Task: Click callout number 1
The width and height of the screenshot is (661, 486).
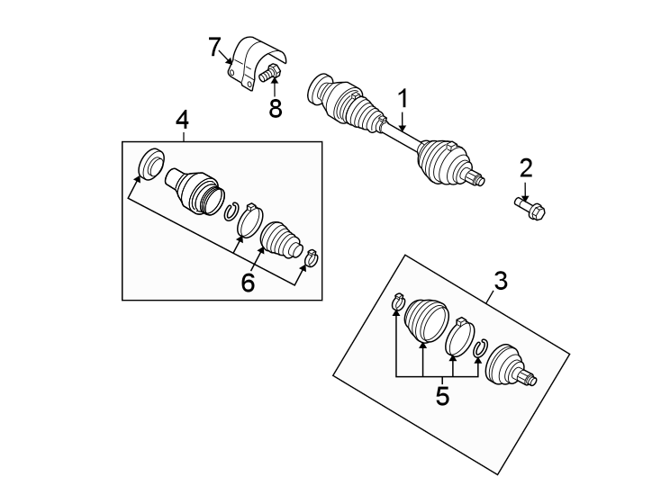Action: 403,98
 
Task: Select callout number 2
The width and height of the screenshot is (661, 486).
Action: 525,167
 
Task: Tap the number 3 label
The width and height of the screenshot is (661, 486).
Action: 500,281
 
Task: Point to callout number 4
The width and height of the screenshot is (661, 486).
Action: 182,120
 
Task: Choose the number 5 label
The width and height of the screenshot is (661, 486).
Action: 441,395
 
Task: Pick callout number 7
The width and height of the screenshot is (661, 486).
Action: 214,47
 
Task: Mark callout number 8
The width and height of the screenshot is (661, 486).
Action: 276,109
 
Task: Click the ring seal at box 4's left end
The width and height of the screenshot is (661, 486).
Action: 150,163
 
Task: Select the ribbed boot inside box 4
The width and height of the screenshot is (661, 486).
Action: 279,242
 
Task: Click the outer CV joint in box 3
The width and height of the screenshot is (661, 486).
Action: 507,367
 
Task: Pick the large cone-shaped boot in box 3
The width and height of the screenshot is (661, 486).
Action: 423,321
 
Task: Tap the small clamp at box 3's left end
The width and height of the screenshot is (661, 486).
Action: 396,301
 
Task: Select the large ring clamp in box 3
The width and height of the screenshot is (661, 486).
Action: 460,337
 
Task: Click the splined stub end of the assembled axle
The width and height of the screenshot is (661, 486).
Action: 478,180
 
